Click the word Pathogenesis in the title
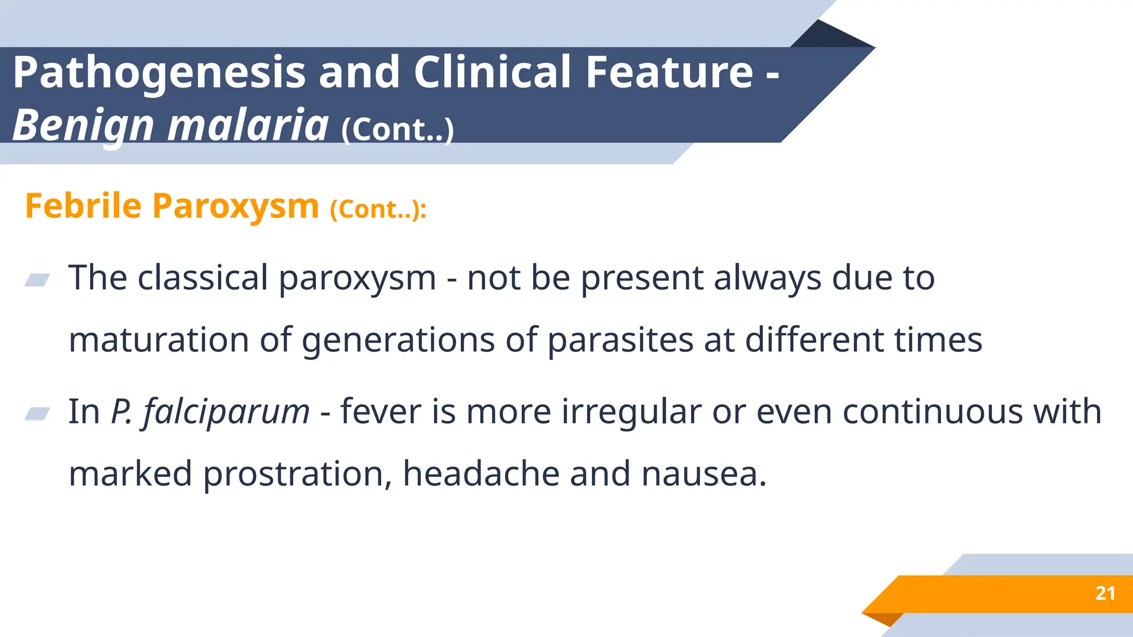click(159, 73)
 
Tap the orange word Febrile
click(84, 206)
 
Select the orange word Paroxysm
click(236, 206)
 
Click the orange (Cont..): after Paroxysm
click(378, 209)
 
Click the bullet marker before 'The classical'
click(38, 280)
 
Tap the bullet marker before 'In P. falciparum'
click(38, 413)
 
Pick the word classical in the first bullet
click(202, 278)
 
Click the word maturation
click(159, 340)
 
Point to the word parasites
click(620, 340)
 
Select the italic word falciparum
click(226, 412)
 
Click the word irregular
click(631, 412)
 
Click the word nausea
click(704, 474)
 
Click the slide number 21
click(1105, 593)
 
